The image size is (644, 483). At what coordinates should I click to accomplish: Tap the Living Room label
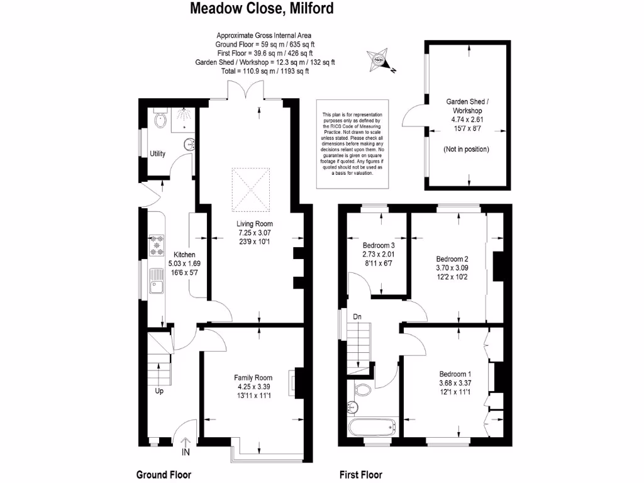tap(254, 224)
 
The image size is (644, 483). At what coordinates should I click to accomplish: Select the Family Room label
tap(253, 377)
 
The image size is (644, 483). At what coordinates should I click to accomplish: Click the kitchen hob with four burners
tap(157, 246)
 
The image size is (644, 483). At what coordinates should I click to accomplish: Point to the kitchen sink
tap(157, 281)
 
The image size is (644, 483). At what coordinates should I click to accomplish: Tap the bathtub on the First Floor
tap(372, 428)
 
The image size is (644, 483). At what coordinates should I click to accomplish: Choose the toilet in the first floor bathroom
tap(362, 389)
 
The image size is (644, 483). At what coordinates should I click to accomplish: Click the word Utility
tap(157, 153)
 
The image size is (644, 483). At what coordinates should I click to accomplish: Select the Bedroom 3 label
tap(379, 246)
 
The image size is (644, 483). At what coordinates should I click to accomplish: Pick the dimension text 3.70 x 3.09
tap(452, 268)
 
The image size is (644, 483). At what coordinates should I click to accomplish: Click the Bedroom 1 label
tap(455, 374)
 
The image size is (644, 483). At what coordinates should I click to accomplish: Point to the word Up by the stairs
tap(159, 391)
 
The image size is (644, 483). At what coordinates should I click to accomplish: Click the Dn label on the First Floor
tap(357, 317)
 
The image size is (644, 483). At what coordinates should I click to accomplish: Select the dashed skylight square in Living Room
tap(251, 189)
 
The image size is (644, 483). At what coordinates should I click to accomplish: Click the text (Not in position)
tap(466, 149)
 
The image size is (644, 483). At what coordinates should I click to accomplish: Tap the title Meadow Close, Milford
tap(262, 8)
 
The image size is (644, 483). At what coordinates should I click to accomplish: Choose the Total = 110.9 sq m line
tap(265, 71)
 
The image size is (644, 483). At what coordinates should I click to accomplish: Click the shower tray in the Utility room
tap(183, 119)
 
